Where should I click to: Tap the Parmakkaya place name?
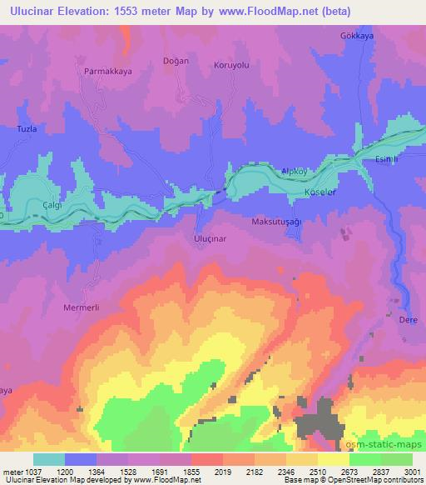107,72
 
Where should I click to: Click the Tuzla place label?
28,129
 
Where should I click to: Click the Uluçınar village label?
210,238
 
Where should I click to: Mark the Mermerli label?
82,307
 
